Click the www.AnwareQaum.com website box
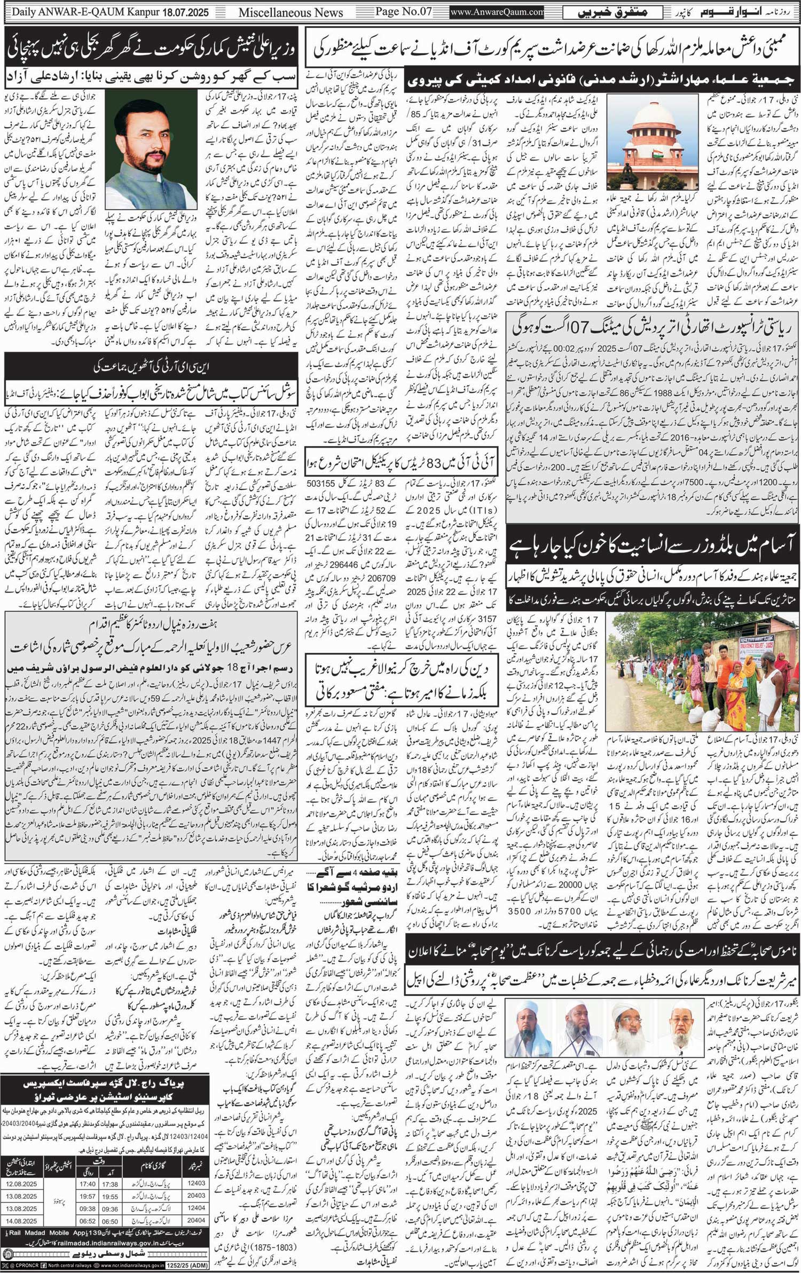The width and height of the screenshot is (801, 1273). (x=497, y=11)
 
